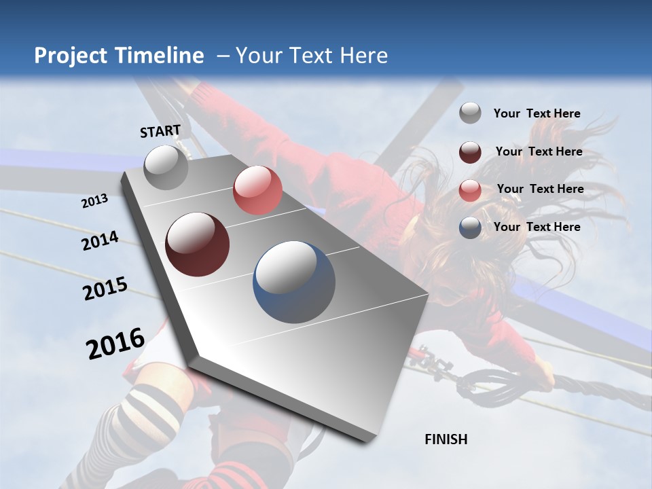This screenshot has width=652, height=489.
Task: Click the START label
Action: [160, 131]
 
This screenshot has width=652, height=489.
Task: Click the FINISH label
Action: [446, 439]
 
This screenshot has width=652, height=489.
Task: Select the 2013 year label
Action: [94, 201]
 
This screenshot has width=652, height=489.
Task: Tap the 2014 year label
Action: [100, 241]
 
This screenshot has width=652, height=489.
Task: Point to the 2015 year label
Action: [105, 289]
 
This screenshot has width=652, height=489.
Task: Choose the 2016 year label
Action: [115, 343]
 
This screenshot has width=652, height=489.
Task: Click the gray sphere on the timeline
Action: [166, 167]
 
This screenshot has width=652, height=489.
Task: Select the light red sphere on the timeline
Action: [257, 190]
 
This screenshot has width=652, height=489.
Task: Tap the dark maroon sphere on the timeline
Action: [198, 244]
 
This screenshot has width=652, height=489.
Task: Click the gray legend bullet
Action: [470, 113]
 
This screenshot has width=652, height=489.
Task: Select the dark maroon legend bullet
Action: [470, 152]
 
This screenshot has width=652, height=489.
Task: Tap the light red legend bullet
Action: [470, 190]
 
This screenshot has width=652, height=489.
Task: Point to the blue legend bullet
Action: [470, 228]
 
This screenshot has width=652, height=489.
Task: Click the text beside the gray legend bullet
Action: [537, 113]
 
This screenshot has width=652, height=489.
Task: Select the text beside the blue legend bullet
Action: [537, 227]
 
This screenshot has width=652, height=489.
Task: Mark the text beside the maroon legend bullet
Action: [539, 151]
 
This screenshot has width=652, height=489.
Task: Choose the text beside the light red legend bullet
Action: [540, 189]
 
